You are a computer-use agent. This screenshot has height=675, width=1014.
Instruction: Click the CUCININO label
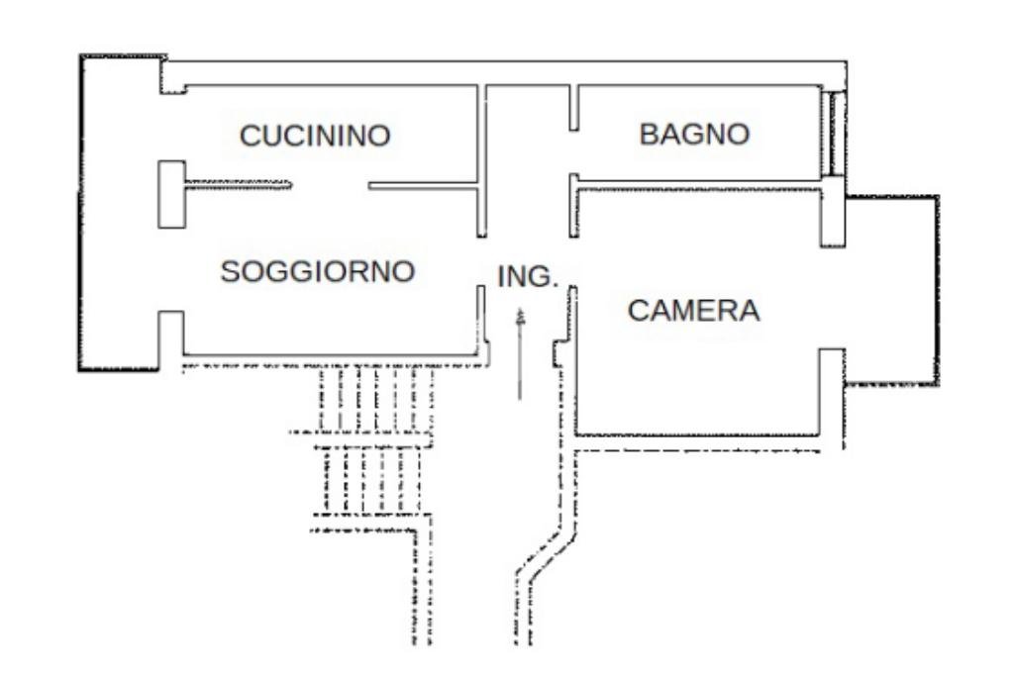tap(316, 136)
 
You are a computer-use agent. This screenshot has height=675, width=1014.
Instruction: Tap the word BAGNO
tap(694, 134)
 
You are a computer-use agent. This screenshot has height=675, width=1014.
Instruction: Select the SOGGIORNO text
tap(316, 270)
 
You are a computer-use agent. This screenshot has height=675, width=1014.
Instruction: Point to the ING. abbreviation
tap(527, 277)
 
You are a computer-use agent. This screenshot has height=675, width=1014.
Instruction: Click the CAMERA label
tap(694, 311)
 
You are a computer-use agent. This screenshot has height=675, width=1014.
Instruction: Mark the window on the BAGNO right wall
tap(833, 134)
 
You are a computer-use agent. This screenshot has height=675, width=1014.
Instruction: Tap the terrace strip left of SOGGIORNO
tap(119, 213)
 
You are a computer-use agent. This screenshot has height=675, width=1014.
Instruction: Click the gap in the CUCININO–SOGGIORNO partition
tap(330, 184)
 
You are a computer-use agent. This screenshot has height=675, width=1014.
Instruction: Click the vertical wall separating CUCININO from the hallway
tap(482, 158)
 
